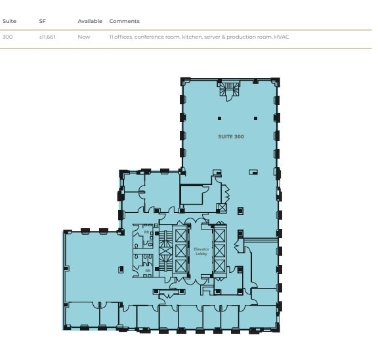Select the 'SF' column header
click(x=42, y=21)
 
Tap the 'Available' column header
click(x=90, y=21)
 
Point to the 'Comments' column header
click(x=124, y=21)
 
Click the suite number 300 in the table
click(x=7, y=37)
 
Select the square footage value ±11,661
click(x=47, y=37)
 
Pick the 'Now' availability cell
click(x=84, y=37)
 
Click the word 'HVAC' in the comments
click(x=282, y=37)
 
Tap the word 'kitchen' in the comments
click(x=186, y=37)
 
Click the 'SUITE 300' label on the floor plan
click(x=231, y=136)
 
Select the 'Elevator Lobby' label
click(x=201, y=251)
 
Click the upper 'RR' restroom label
click(x=147, y=231)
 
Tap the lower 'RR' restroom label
click(x=148, y=270)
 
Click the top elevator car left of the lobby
click(x=181, y=235)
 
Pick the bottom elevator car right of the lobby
click(x=220, y=266)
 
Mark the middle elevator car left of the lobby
click(x=181, y=250)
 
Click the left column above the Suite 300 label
click(x=220, y=119)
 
